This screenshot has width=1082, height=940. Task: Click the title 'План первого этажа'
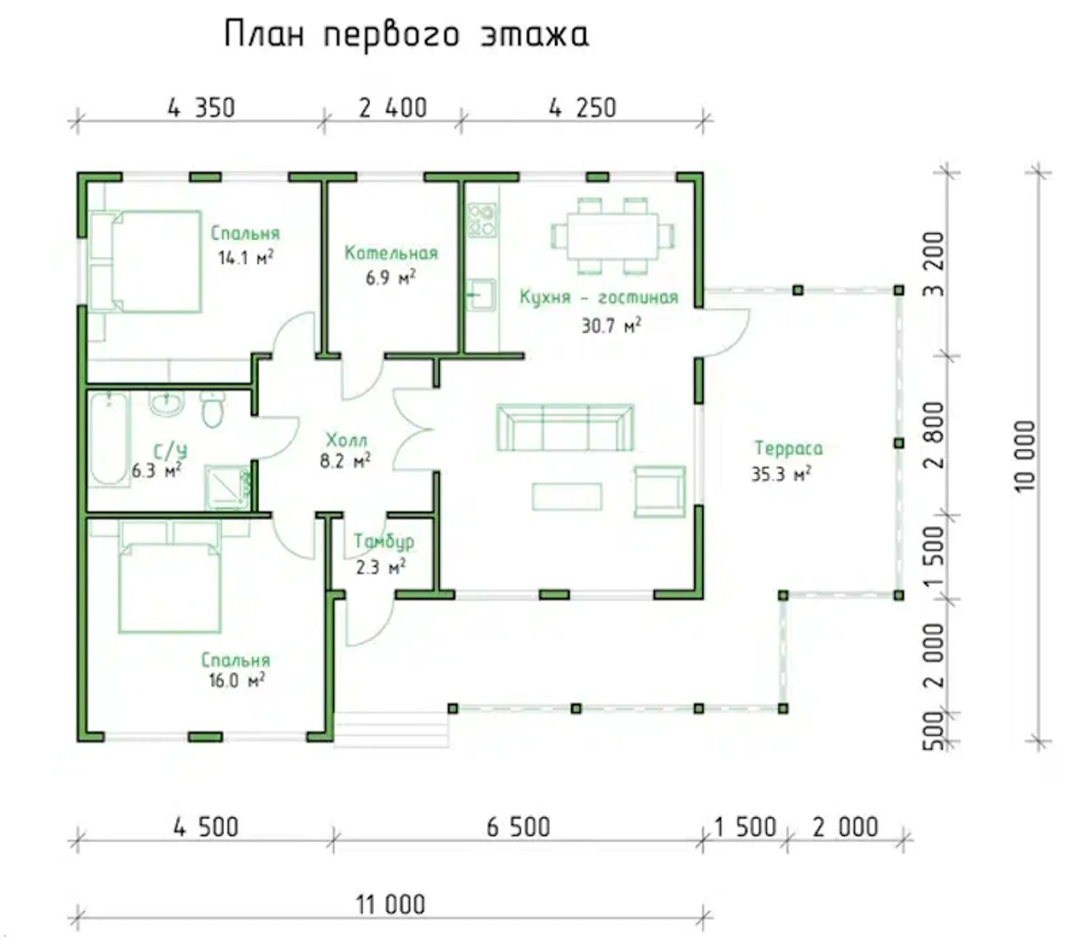(x=406, y=34)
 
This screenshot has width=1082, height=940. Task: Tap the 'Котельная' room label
(x=391, y=253)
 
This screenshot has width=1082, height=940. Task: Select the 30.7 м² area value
(x=611, y=326)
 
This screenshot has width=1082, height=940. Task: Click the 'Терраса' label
(x=788, y=448)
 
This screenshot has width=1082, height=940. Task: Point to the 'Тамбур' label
(x=383, y=542)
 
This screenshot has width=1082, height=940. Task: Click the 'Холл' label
(x=346, y=440)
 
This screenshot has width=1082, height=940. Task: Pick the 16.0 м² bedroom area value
(x=236, y=680)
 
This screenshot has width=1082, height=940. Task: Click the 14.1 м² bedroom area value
(x=245, y=258)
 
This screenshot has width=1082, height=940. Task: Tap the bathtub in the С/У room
(x=108, y=438)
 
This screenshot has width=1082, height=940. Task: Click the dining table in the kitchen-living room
(x=612, y=235)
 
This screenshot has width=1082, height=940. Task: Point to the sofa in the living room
(x=565, y=428)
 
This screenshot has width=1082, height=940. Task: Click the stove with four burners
(x=481, y=220)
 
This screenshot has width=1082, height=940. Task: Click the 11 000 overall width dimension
(x=390, y=904)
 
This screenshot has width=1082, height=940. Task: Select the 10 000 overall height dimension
(x=1025, y=455)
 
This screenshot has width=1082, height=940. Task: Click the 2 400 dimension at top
(x=392, y=108)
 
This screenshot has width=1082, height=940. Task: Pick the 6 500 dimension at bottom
(x=518, y=827)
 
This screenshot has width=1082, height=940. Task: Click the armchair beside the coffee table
(x=659, y=491)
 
